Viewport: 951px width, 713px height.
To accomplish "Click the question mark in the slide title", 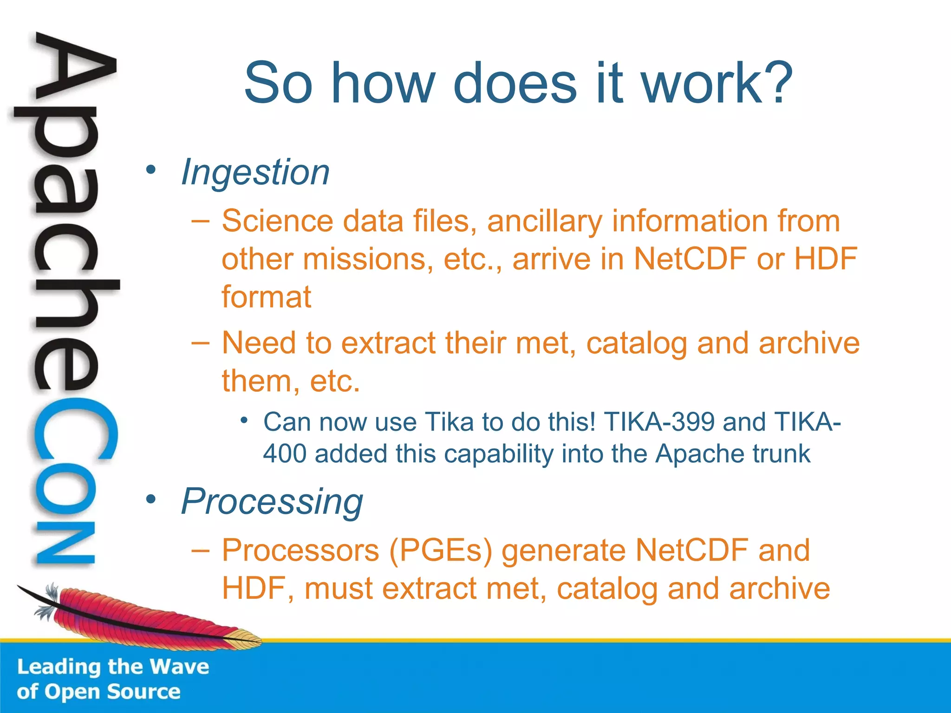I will [x=776, y=84].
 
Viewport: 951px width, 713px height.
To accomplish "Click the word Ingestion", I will [x=255, y=172].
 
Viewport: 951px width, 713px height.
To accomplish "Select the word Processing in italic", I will [x=272, y=502].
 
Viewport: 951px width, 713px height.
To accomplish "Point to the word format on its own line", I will [x=266, y=297].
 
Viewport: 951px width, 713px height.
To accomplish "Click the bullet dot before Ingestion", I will [x=150, y=170].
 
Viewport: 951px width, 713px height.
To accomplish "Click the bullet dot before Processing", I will [x=150, y=500].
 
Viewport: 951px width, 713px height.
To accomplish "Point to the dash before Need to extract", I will [x=200, y=343].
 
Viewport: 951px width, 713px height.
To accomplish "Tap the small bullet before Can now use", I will [x=244, y=421].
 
